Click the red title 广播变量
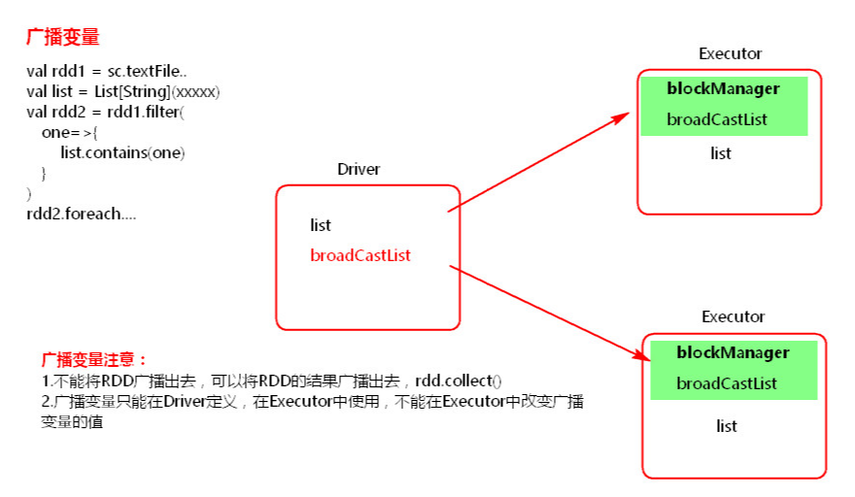pos(63,37)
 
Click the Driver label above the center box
pos(359,169)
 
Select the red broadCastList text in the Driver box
pos(359,255)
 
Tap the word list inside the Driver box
pos(320,225)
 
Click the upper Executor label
pos(730,53)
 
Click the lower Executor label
pos(733,316)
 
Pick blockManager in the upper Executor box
pos(723,88)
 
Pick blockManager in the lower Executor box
pos(733,352)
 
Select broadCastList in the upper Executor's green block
pos(716,119)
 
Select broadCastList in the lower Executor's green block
pos(727,383)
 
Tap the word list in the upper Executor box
pos(720,153)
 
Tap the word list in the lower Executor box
pos(727,425)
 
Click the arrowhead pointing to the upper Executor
pos(622,117)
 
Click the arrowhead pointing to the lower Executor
pos(642,354)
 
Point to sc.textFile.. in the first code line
pos(147,72)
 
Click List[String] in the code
pos(132,91)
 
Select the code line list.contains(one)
pos(122,152)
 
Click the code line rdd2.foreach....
pos(82,214)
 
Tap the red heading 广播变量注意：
pos(94,360)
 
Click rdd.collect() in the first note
pos(458,381)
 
